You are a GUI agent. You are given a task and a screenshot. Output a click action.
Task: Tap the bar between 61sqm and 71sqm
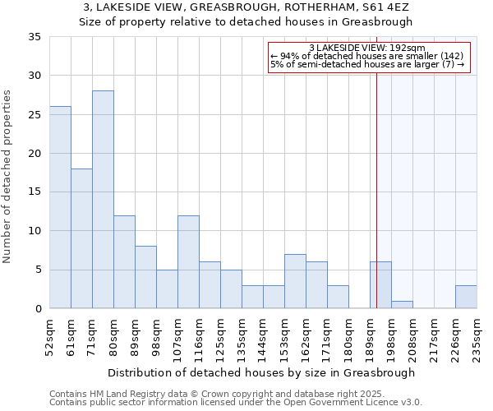pos(81,238)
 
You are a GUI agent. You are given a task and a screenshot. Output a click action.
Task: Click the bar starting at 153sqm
pos(295,281)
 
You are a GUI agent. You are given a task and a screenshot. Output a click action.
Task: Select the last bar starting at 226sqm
pos(466,297)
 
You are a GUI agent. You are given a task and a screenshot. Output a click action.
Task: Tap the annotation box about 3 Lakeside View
pos(369,58)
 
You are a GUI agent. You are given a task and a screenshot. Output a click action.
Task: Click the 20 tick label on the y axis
pos(35,154)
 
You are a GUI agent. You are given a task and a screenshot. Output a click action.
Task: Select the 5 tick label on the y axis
pos(39,270)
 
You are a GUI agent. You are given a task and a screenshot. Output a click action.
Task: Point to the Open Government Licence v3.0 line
pos(236,403)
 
